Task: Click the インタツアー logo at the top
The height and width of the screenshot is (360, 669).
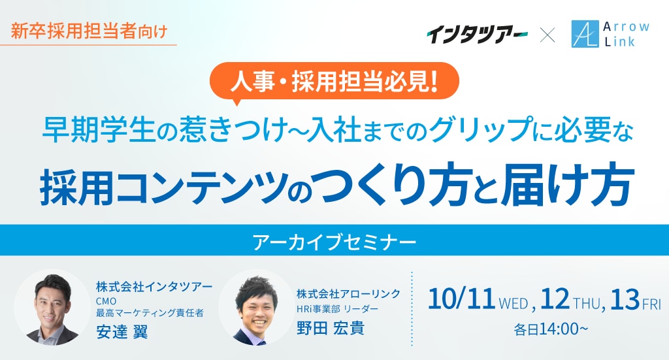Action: click(477, 35)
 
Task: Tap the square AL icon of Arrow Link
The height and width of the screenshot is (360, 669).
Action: click(585, 35)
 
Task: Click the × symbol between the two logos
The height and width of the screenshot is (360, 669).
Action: click(547, 35)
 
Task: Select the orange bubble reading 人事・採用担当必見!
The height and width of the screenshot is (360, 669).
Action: click(335, 82)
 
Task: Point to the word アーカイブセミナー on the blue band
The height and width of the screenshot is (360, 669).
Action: click(334, 242)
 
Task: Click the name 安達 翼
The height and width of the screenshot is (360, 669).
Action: click(122, 331)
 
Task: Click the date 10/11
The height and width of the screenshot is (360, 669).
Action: click(461, 299)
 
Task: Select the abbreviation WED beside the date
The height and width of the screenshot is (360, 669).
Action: click(514, 304)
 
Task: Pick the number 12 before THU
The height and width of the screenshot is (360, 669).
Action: click(555, 299)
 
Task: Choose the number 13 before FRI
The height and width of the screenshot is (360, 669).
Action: click(625, 299)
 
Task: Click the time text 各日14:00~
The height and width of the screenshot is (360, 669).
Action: click(551, 329)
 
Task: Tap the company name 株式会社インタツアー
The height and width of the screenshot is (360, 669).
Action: click(154, 287)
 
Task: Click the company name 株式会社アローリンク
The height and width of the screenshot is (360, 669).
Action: click(349, 293)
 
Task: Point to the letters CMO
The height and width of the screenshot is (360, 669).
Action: click(106, 301)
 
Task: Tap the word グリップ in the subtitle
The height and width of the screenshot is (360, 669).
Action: click(480, 130)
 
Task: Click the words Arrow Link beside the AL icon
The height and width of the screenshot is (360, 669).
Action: click(626, 34)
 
